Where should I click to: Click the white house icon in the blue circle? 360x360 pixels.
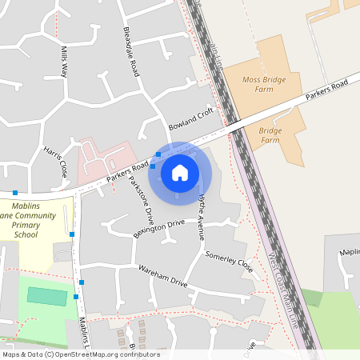(x=180, y=172)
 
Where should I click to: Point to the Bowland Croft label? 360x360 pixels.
(x=193, y=119)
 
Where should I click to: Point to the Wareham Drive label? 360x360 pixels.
(x=162, y=277)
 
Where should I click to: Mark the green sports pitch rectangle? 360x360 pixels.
(x=47, y=295)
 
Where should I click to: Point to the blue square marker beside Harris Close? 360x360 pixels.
(x=14, y=193)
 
